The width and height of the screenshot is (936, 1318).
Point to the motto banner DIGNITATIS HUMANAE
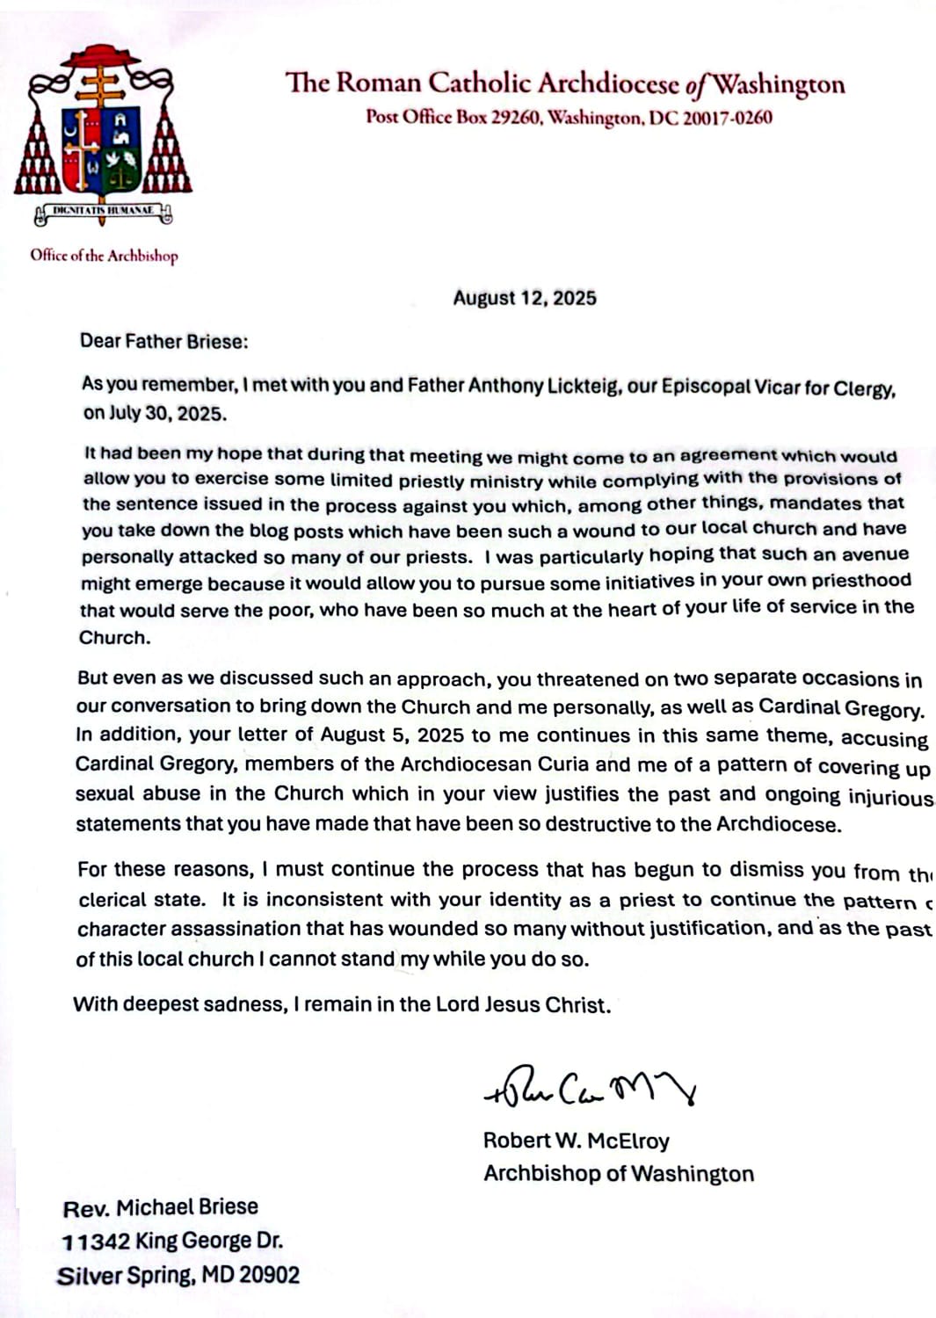tap(103, 211)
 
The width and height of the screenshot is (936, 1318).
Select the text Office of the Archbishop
tap(104, 256)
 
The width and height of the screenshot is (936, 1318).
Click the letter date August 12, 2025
tap(525, 298)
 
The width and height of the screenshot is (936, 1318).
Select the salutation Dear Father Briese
tap(164, 342)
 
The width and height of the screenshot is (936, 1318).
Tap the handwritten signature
tap(590, 1089)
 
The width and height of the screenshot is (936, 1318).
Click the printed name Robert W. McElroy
tap(576, 1141)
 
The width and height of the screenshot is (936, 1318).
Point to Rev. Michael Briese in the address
tap(161, 1207)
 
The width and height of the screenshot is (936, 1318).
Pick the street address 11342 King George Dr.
tap(172, 1242)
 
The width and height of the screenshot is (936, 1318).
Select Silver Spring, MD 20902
tap(178, 1276)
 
